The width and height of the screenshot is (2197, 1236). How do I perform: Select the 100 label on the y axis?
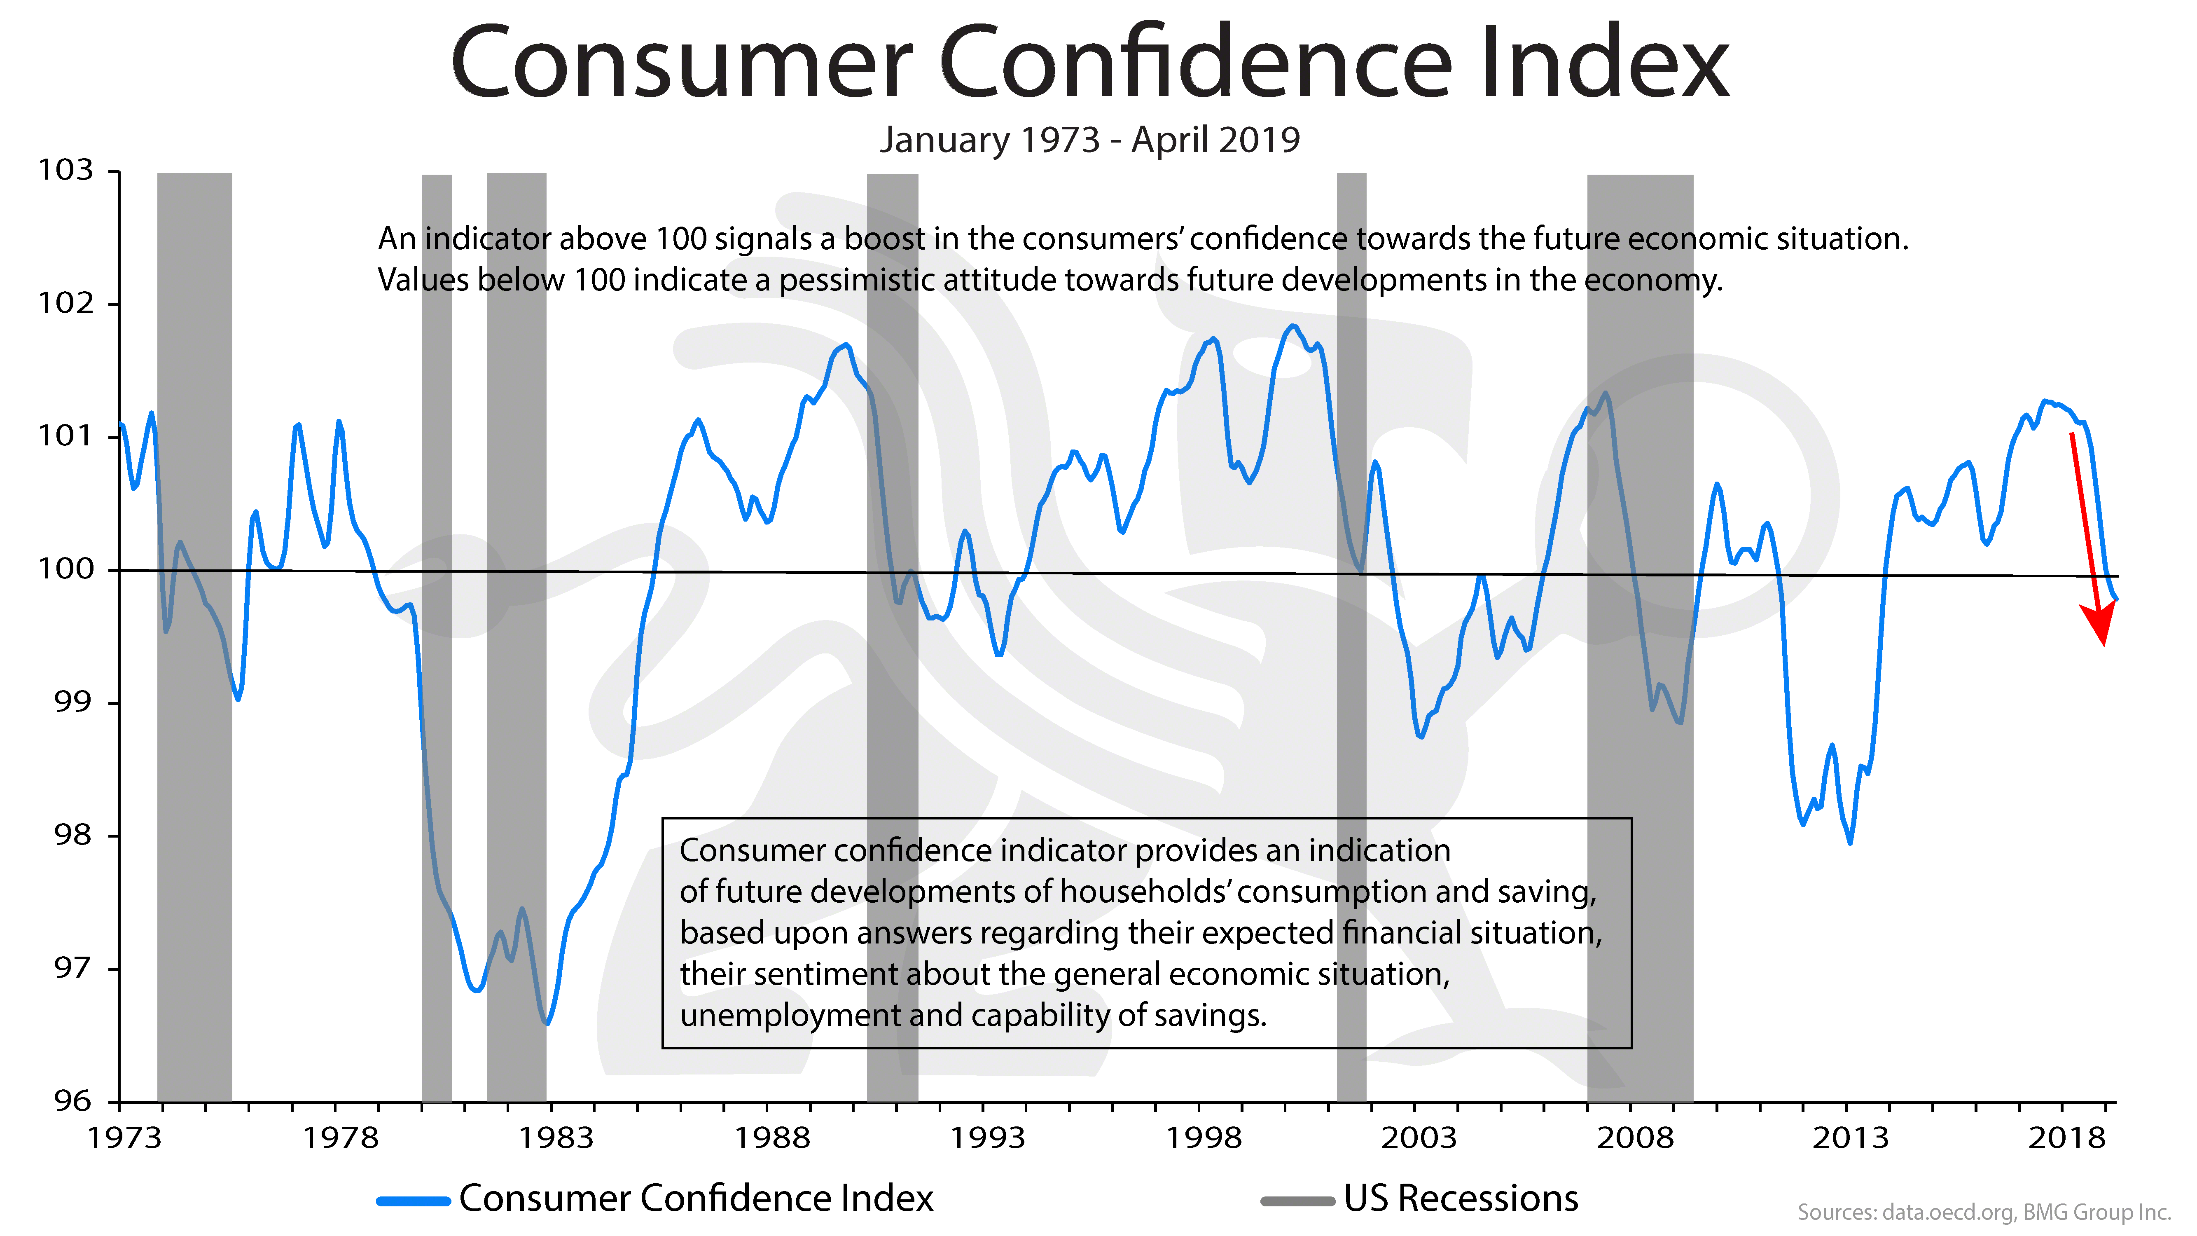pos(65,569)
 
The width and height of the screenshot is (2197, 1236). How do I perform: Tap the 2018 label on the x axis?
pos(2066,1138)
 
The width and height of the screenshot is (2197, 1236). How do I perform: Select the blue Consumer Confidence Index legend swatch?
pos(414,1201)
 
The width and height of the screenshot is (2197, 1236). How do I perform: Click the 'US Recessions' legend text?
pos(1460,1199)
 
